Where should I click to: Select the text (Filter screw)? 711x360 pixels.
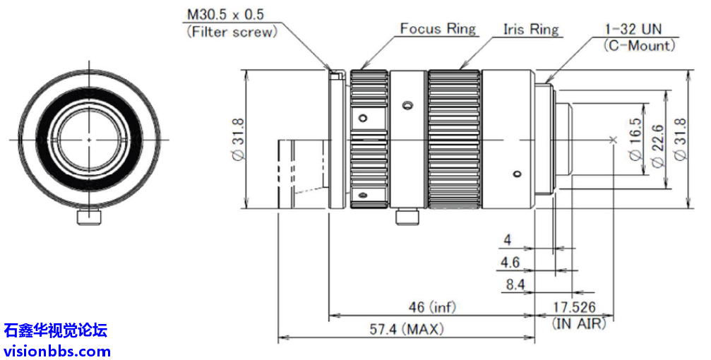231,32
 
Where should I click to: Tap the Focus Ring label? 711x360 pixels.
438,29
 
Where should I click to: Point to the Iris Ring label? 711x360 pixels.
531,30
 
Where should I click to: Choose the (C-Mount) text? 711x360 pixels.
640,46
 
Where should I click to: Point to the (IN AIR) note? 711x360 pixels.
578,323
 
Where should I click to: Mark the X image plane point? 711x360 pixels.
613,139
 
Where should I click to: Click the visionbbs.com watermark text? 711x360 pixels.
57,351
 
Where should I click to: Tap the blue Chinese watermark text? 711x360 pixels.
56,330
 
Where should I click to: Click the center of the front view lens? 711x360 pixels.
89,139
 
